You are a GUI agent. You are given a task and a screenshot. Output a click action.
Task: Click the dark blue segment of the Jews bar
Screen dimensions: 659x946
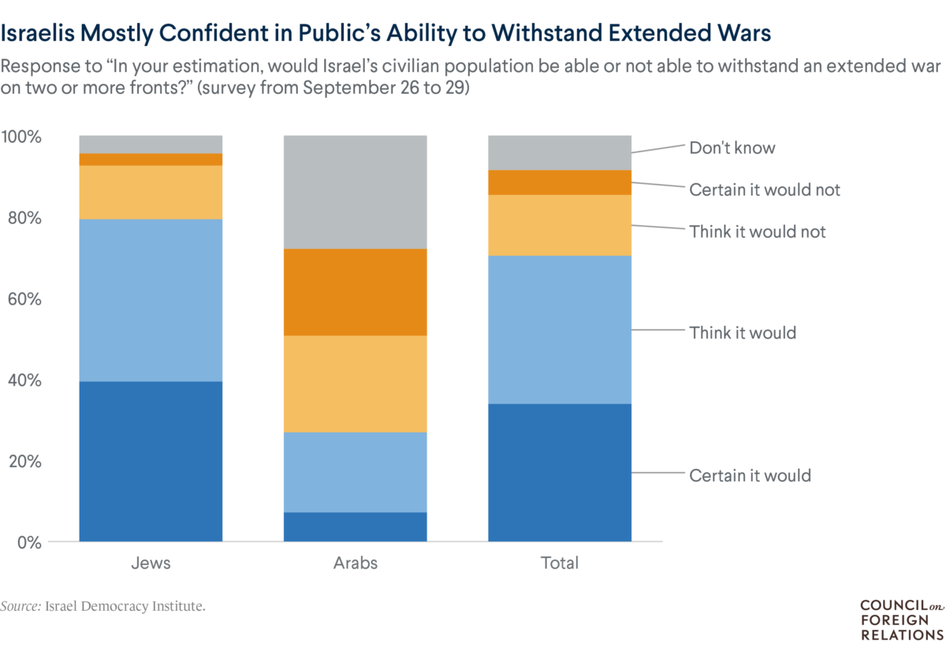pyautogui.click(x=151, y=461)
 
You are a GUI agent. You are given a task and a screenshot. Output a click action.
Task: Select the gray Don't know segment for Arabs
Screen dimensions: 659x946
pyautogui.click(x=355, y=192)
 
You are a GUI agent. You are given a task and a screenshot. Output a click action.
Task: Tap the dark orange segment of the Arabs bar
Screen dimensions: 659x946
pyautogui.click(x=355, y=292)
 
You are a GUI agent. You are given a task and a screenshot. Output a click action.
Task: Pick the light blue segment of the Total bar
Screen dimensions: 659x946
pyautogui.click(x=560, y=329)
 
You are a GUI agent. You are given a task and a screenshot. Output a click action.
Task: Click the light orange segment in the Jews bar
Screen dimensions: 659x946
pyautogui.click(x=151, y=192)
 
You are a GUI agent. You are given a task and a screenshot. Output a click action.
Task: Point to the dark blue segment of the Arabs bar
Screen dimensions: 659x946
pyautogui.click(x=355, y=526)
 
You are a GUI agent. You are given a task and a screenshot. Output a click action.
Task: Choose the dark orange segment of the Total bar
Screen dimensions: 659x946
pyautogui.click(x=560, y=182)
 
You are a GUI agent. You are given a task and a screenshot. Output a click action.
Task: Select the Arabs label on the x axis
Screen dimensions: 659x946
pyautogui.click(x=355, y=564)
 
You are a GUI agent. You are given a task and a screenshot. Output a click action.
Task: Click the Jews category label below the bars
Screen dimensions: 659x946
pyautogui.click(x=151, y=564)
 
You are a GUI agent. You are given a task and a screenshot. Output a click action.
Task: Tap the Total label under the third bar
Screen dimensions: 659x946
pyautogui.click(x=560, y=564)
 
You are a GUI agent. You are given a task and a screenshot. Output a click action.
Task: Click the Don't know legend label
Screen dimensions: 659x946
pyautogui.click(x=732, y=148)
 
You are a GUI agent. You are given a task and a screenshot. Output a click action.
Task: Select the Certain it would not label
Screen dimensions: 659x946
pyautogui.click(x=765, y=189)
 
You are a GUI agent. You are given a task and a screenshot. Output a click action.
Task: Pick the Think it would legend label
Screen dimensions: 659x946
pyautogui.click(x=743, y=332)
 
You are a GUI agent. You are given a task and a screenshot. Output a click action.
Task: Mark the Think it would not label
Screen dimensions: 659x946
pyautogui.click(x=758, y=231)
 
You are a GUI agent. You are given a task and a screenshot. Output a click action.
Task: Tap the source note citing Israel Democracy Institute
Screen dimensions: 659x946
pyautogui.click(x=108, y=606)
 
